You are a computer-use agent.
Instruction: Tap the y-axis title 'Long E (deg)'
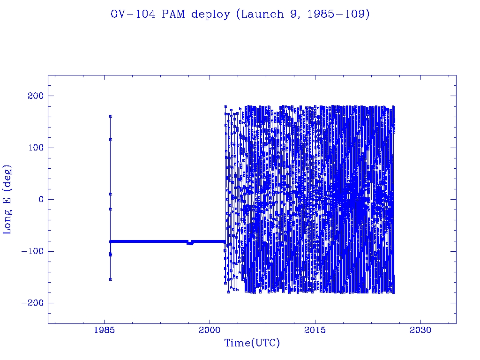point(7,199)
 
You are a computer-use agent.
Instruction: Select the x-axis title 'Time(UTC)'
point(252,343)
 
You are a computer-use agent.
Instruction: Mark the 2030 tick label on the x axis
point(420,330)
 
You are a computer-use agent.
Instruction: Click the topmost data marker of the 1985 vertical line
point(111,116)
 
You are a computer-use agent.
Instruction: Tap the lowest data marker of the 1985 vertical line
point(110,279)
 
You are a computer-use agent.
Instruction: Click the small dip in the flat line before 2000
point(190,243)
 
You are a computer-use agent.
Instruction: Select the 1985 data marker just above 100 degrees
point(111,139)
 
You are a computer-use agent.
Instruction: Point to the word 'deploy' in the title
point(211,15)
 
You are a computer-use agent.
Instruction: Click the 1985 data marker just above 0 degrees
point(111,194)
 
